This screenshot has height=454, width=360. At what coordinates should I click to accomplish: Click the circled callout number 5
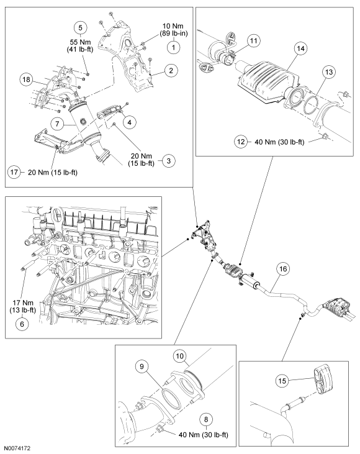pyautogui.click(x=80, y=27)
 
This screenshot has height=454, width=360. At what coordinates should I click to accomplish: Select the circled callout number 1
pyautogui.click(x=173, y=47)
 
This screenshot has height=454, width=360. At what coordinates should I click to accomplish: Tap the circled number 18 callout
pyautogui.click(x=26, y=79)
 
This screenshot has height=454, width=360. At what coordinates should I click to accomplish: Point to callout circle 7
pyautogui.click(x=57, y=124)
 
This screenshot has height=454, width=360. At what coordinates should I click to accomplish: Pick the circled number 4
pyautogui.click(x=129, y=122)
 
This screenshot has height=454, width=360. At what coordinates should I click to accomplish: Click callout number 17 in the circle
pyautogui.click(x=14, y=172)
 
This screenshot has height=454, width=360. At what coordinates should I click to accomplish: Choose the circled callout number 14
pyautogui.click(x=300, y=48)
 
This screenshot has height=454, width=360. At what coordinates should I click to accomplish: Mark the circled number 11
pyautogui.click(x=253, y=41)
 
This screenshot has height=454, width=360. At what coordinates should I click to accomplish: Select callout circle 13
pyautogui.click(x=329, y=72)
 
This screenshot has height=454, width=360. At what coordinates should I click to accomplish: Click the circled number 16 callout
pyautogui.click(x=283, y=269)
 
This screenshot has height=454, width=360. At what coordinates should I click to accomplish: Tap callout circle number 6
pyautogui.click(x=22, y=324)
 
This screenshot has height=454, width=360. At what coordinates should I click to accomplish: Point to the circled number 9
pyautogui.click(x=142, y=366)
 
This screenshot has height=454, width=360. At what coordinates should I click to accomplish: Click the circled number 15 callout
pyautogui.click(x=282, y=381)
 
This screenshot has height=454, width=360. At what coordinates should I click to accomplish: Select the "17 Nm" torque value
pyautogui.click(x=23, y=303)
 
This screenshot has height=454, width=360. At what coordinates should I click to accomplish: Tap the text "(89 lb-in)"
pyautogui.click(x=174, y=34)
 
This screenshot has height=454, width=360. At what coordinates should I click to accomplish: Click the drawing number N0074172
pyautogui.click(x=17, y=448)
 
